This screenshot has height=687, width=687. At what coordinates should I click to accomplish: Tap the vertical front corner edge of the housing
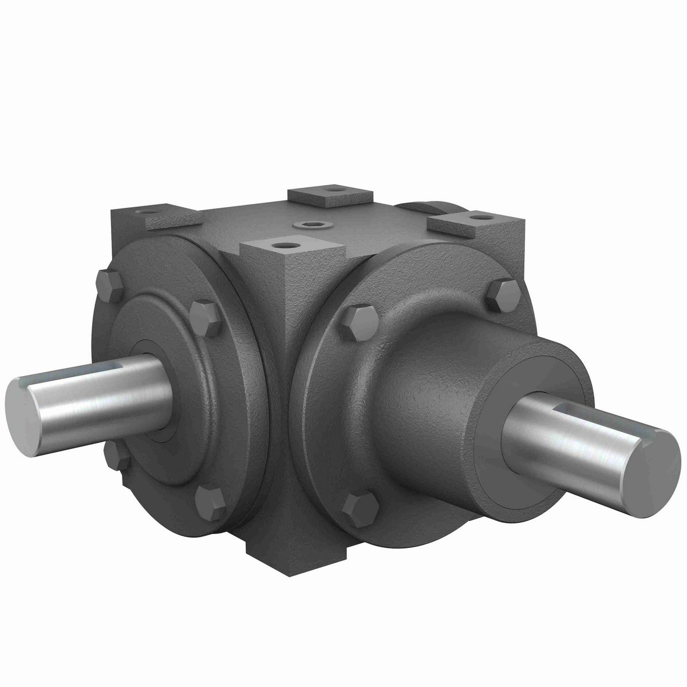pos(287,343)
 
